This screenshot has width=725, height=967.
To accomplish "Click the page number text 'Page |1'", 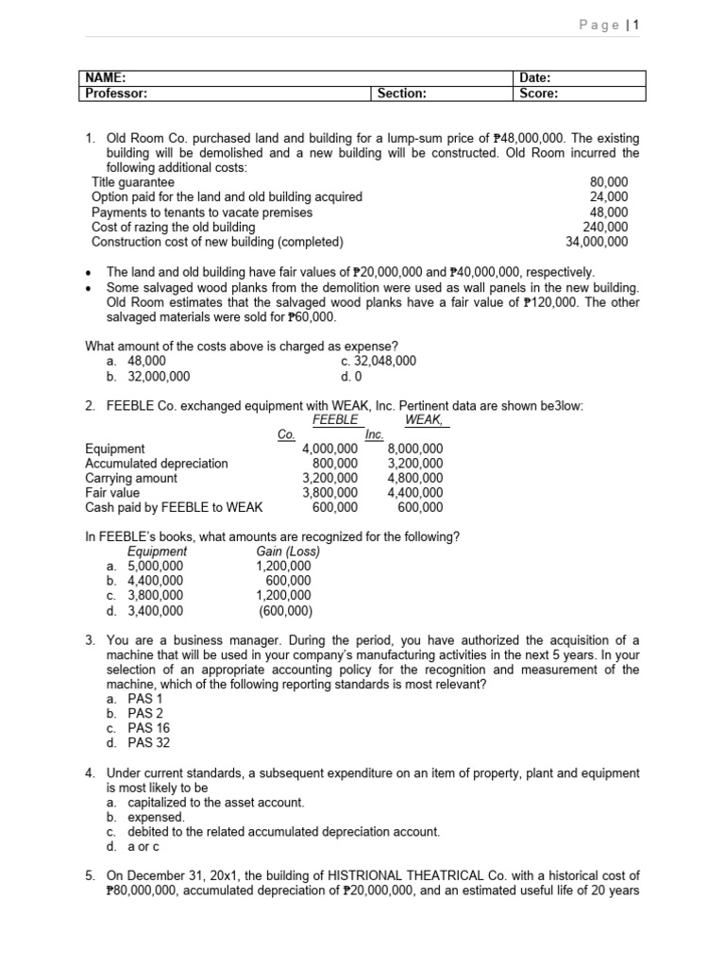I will (609, 25).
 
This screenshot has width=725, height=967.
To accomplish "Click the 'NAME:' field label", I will (106, 78).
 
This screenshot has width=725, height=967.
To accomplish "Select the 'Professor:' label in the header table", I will (116, 93).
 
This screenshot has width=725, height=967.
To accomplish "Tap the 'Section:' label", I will (401, 93).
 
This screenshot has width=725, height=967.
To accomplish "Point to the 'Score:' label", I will (539, 93).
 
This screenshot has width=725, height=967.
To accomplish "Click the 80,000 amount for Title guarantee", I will (609, 182).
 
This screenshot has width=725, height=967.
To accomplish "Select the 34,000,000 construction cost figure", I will (597, 242).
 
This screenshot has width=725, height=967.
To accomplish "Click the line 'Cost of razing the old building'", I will (173, 227).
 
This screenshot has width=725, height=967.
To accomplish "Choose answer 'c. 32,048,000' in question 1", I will (378, 361).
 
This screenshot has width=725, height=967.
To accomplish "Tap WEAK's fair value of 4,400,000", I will (414, 492).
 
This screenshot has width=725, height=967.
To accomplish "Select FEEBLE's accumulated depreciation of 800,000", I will (335, 463).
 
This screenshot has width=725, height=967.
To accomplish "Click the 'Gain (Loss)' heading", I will (288, 551).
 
